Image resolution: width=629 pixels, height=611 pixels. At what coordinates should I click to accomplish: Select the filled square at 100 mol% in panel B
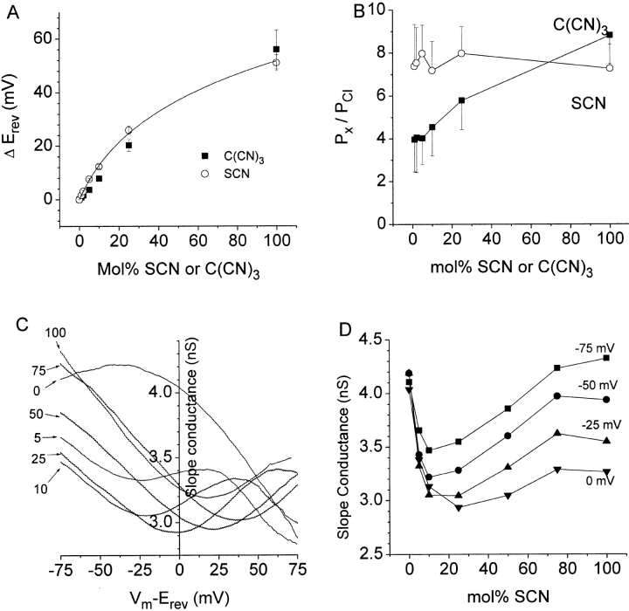click(610, 35)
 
